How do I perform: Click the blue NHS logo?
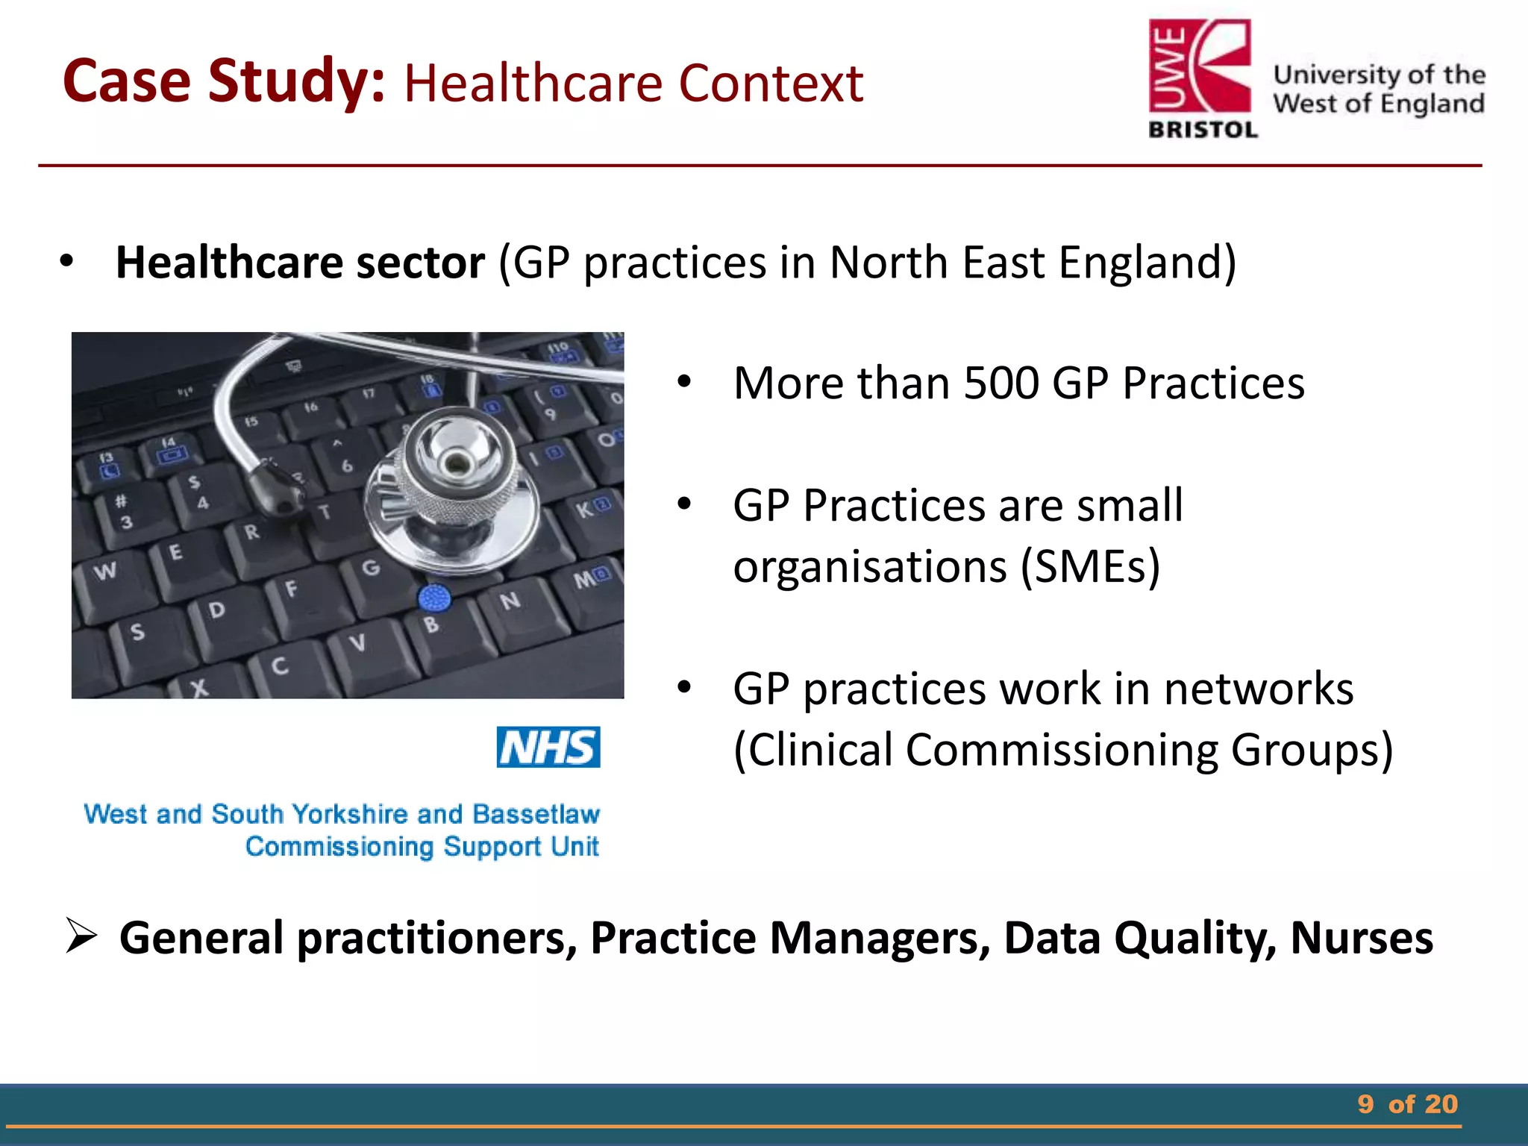pos(548,747)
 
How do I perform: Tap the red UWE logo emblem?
pos(1200,67)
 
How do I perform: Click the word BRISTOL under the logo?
pos(1203,130)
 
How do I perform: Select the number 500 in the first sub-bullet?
pos(1001,383)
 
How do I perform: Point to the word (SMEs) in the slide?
pos(1090,567)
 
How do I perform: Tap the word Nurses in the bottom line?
pos(1361,938)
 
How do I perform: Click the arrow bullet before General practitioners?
pos(81,936)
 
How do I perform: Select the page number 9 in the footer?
pos(1365,1104)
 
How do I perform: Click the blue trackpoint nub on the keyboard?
pos(434,598)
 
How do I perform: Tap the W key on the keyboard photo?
pos(105,572)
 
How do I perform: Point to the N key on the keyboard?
pos(510,601)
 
